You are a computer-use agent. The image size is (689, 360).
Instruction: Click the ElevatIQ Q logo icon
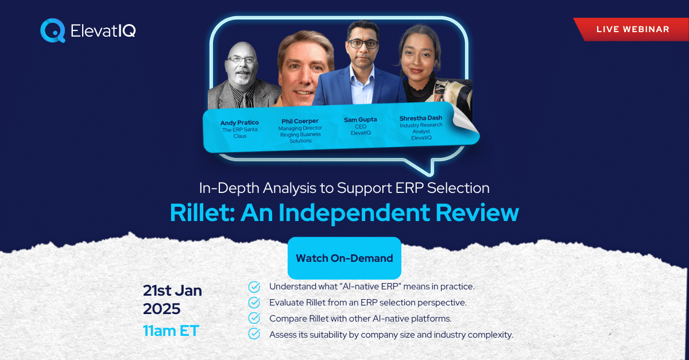pyautogui.click(x=53, y=30)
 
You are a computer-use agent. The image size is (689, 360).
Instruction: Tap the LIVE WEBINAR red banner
pyautogui.click(x=632, y=29)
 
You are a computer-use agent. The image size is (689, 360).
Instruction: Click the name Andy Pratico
pyautogui.click(x=239, y=122)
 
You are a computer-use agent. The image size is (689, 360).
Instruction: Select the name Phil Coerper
pyautogui.click(x=300, y=121)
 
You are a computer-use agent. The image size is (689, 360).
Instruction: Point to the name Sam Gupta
pyautogui.click(x=360, y=119)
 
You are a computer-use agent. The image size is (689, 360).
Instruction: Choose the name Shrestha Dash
pyautogui.click(x=421, y=118)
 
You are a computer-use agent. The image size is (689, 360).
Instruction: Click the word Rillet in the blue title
pyautogui.click(x=202, y=212)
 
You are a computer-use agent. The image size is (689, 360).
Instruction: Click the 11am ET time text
pyautogui.click(x=171, y=331)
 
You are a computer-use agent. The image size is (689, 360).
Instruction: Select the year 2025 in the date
pyautogui.click(x=161, y=309)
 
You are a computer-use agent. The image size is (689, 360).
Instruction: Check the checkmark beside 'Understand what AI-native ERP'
pyautogui.click(x=254, y=287)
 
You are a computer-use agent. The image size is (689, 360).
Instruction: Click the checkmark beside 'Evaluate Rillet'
pyautogui.click(x=254, y=303)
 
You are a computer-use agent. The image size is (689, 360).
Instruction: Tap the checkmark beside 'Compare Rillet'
pyautogui.click(x=254, y=319)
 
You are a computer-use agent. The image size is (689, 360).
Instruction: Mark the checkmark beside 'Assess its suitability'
pyautogui.click(x=254, y=334)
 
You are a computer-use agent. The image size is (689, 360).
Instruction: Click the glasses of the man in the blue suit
pyautogui.click(x=363, y=44)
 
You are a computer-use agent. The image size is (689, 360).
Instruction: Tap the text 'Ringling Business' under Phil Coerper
pyautogui.click(x=300, y=134)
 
